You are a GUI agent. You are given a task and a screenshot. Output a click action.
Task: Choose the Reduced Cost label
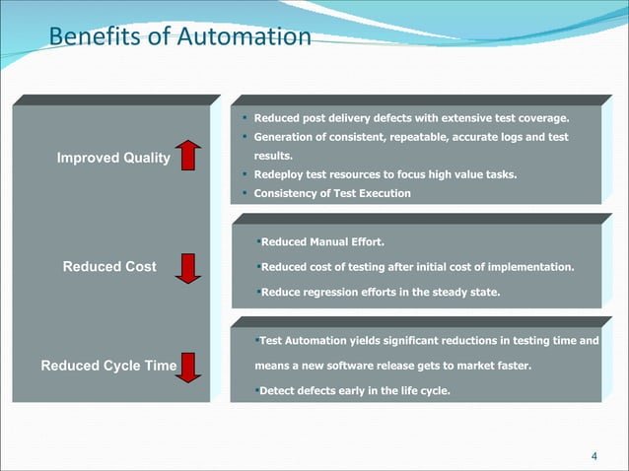[x=109, y=267]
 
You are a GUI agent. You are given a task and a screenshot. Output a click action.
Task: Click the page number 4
[x=593, y=455]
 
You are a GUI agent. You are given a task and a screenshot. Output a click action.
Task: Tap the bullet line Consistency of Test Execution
[x=332, y=193]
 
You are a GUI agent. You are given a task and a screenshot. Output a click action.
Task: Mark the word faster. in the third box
[x=512, y=367]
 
